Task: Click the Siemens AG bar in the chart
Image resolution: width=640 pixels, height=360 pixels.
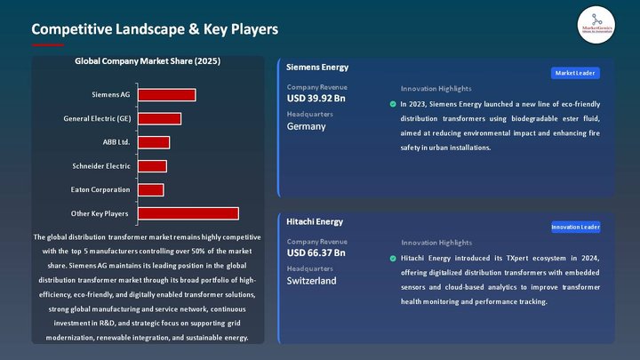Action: [166, 95]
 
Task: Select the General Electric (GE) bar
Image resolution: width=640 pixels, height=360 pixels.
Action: [159, 119]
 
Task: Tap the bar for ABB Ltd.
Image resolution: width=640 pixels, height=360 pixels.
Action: [153, 142]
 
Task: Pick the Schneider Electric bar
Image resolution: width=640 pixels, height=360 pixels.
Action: [152, 166]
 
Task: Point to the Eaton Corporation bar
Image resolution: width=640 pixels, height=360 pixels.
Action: [150, 190]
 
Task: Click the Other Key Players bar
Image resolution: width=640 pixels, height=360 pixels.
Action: [188, 213]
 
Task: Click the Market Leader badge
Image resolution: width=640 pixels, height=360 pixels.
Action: [575, 73]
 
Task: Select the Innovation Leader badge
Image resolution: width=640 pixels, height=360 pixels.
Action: [575, 227]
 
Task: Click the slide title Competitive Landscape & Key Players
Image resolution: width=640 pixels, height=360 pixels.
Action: [156, 29]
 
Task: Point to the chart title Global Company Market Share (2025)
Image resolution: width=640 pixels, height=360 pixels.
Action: [148, 61]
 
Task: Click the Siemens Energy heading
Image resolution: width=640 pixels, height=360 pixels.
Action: [317, 67]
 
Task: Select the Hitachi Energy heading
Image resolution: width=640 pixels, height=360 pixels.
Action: [315, 221]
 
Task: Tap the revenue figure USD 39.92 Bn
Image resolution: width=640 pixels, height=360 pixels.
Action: [316, 99]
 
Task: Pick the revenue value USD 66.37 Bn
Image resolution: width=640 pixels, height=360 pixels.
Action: [316, 253]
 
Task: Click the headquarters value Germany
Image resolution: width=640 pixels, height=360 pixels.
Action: [306, 126]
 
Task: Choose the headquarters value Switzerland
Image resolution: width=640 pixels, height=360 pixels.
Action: [311, 281]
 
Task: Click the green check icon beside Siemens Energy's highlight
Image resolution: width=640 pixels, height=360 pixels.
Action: [393, 104]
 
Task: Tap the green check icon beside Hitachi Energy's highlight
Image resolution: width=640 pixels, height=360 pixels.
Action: [393, 259]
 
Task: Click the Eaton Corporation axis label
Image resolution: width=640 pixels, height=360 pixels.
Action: [100, 190]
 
